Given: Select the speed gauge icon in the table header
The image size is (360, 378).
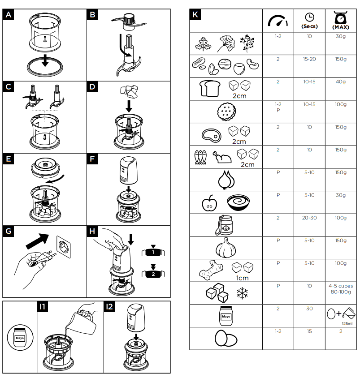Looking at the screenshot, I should tap(278, 21).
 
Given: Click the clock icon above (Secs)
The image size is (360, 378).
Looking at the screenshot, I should tap(309, 17).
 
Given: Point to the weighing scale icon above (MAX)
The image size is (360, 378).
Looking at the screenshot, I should tap(341, 17).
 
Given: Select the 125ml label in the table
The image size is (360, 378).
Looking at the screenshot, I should tap(347, 323).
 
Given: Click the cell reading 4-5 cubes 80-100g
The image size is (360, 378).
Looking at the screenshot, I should tap(341, 289).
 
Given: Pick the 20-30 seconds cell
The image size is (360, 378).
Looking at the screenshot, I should tap(309, 218).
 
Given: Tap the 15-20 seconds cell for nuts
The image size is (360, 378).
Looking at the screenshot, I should tap(309, 59).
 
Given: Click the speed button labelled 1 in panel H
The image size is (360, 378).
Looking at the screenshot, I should tap(153, 252).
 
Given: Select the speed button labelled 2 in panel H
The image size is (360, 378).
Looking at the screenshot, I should tap(153, 273).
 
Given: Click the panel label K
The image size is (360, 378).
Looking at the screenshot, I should tap(195, 14).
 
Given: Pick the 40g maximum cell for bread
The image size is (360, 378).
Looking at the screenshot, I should tap(341, 82).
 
